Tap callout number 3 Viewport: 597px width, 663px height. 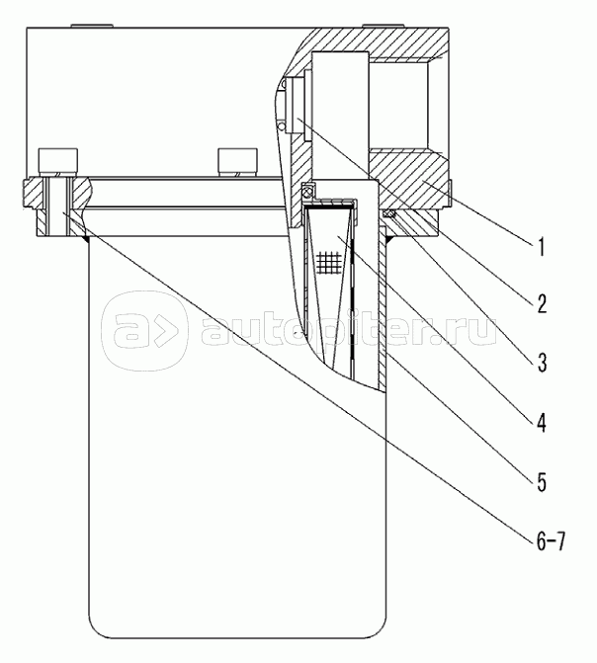543,363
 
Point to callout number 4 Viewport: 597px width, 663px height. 543,423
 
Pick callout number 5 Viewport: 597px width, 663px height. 543,482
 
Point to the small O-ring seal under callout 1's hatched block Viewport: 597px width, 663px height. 389,214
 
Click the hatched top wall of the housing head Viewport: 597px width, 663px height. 376,41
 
